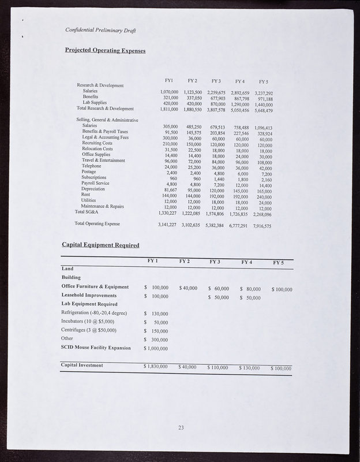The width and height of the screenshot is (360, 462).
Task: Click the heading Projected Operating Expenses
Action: click(x=105, y=50)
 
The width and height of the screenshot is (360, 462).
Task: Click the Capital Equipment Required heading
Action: click(x=100, y=245)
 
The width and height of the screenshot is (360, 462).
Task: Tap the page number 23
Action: click(x=181, y=427)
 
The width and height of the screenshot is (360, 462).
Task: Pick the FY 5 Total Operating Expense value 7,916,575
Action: click(x=262, y=226)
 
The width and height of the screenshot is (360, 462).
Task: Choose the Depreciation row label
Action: click(x=93, y=188)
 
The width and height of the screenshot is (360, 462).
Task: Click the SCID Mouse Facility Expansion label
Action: click(x=96, y=348)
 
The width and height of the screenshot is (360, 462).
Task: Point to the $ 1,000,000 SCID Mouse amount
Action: click(x=156, y=348)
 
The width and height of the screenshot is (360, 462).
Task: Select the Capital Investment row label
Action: click(x=82, y=366)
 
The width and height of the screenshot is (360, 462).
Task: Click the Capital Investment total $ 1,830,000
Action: click(x=155, y=366)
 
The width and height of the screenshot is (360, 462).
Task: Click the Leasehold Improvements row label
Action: click(x=89, y=295)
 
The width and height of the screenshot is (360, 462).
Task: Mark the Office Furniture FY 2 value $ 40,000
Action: click(x=189, y=287)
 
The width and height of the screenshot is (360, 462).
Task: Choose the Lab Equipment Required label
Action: click(x=89, y=304)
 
